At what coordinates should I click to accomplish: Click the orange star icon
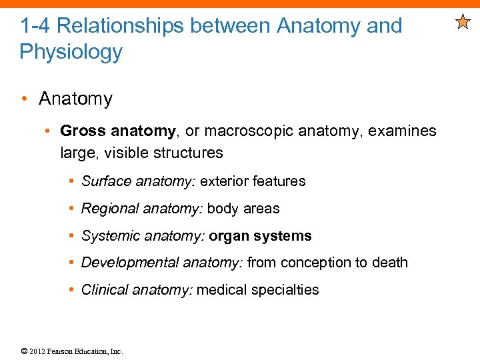click(x=463, y=23)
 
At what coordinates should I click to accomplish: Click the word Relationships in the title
click(x=119, y=26)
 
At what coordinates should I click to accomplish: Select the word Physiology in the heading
click(x=71, y=51)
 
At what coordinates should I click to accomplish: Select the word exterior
click(x=225, y=181)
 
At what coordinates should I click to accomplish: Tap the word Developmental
click(x=125, y=263)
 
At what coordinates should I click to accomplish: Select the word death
click(x=390, y=263)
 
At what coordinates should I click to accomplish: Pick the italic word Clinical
click(x=104, y=290)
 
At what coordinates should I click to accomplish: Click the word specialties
click(x=284, y=290)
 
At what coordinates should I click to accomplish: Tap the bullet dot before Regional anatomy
click(x=71, y=209)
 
